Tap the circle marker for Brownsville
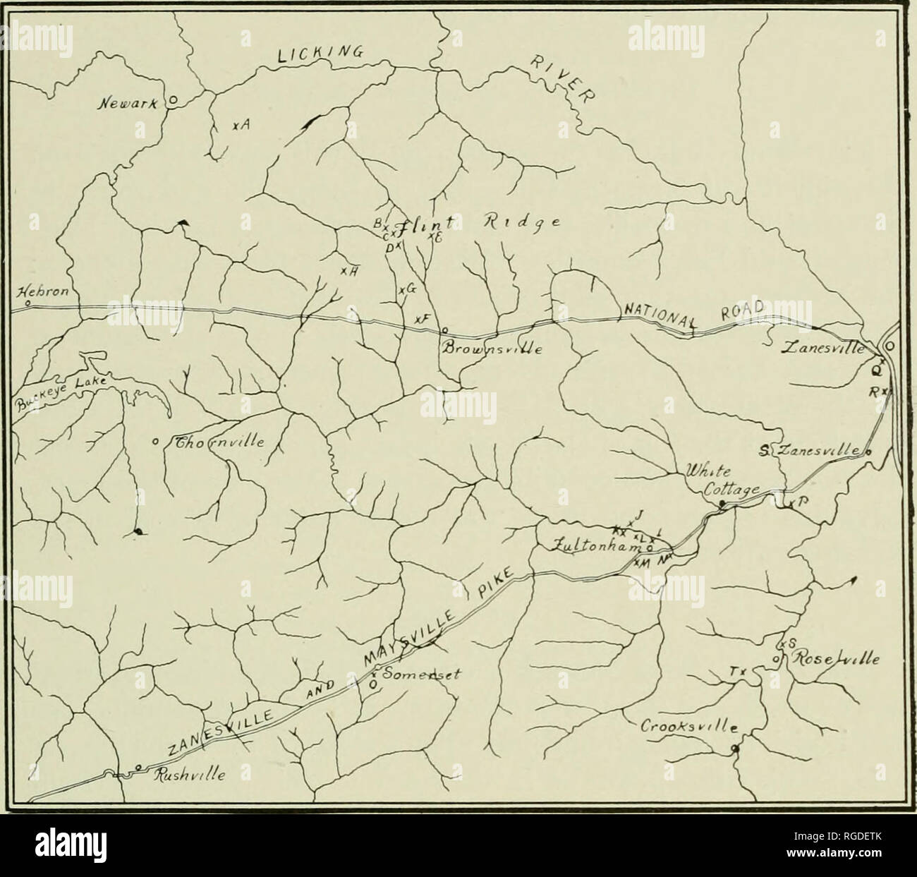tap(444, 329)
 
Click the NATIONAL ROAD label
tap(695, 315)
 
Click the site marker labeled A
tap(235, 126)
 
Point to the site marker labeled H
tap(342, 272)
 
